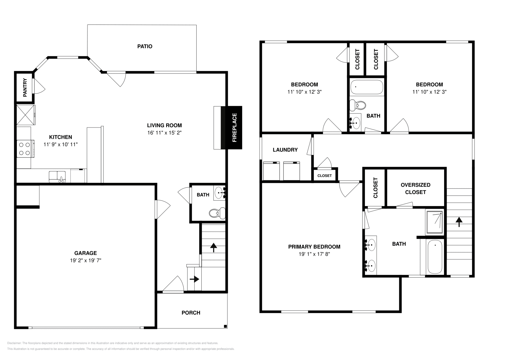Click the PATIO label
pos(145,46)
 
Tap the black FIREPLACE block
pos(234,127)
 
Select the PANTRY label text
pos(25,87)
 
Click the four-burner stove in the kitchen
pos(25,149)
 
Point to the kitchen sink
pos(57,176)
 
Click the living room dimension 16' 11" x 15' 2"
pos(164,133)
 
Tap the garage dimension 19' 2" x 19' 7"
pos(86,260)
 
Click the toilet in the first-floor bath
pos(218,213)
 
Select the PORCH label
pos(191,313)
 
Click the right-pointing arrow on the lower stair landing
pos(194,279)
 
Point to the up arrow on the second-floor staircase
pos(459,222)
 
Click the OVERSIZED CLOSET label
pos(415,189)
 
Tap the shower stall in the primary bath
pos(434,222)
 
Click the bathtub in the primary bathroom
pos(435,257)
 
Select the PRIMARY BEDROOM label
pos(314,247)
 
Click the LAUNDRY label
pos(285,150)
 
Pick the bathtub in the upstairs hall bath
pos(366,87)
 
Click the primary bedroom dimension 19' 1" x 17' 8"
pos(314,254)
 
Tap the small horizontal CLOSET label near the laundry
pos(324,176)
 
